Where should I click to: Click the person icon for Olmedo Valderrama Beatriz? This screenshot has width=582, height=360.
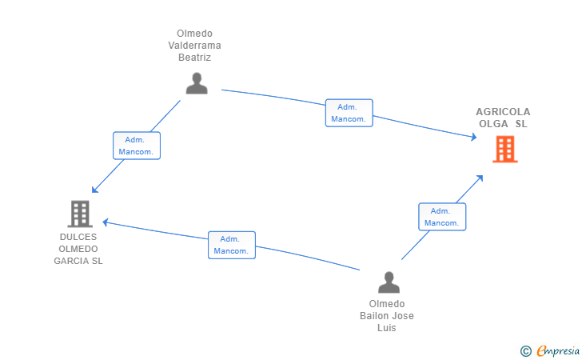click(x=197, y=83)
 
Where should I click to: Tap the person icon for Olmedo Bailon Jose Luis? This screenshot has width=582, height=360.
click(x=389, y=282)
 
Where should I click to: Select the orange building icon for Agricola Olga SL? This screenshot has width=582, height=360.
click(x=505, y=150)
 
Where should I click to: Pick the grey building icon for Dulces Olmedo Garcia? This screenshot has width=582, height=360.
click(x=80, y=214)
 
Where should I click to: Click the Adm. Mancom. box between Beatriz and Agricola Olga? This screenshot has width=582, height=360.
click(x=349, y=113)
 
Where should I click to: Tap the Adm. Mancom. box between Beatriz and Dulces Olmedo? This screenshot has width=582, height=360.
click(x=137, y=146)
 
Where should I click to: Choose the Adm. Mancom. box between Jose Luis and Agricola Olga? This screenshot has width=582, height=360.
click(x=442, y=217)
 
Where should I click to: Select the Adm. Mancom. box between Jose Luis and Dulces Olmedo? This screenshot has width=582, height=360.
click(x=232, y=246)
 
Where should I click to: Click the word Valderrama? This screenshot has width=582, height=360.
click(x=194, y=46)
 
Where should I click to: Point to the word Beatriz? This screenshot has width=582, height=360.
click(x=194, y=58)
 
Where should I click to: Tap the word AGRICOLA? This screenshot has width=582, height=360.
click(x=503, y=112)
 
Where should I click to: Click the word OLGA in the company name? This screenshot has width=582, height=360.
click(x=493, y=124)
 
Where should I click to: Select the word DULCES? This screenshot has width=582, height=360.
click(x=78, y=237)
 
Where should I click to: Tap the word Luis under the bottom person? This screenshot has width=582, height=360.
click(x=387, y=328)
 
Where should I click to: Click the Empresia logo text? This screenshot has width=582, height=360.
click(x=558, y=350)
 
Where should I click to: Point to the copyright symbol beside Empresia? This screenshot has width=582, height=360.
click(x=526, y=351)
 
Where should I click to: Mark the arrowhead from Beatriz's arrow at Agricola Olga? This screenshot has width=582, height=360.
click(x=473, y=137)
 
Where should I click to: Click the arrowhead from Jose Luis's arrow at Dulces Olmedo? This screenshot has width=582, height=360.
click(x=106, y=222)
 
